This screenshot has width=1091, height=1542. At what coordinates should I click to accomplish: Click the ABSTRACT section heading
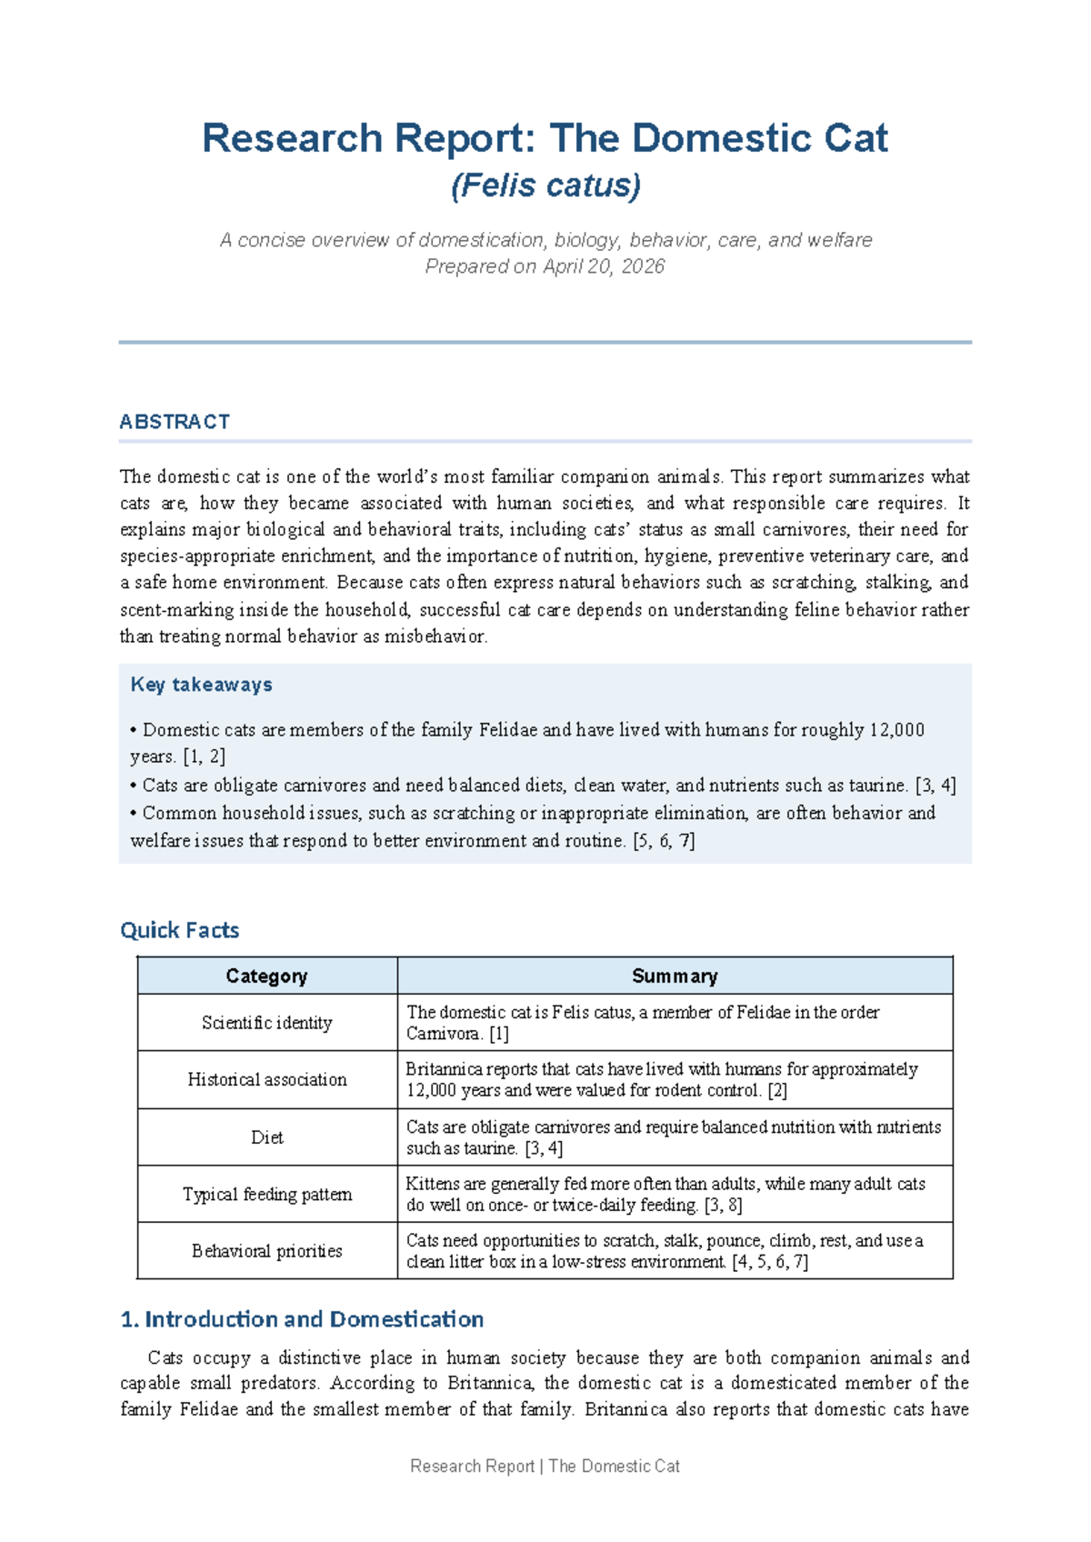[175, 422]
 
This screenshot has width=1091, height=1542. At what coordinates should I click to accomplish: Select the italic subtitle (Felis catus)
[545, 185]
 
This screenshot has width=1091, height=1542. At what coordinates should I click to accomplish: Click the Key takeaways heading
[201, 685]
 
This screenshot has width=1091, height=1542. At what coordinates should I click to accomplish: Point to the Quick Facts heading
[179, 930]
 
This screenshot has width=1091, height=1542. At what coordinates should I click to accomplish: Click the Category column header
[266, 976]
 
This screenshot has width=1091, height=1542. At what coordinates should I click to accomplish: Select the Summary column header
[675, 976]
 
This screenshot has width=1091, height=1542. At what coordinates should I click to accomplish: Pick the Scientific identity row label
[266, 1023]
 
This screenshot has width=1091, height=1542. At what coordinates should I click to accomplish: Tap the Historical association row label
[266, 1080]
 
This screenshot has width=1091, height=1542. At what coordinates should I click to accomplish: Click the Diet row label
[266, 1137]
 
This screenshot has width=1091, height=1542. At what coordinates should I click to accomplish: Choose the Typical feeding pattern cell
[266, 1195]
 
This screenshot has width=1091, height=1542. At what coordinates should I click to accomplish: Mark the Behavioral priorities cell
[266, 1251]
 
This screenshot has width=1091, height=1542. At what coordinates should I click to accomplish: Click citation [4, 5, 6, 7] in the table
[769, 1262]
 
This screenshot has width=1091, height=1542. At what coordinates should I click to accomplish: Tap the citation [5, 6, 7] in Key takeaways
[664, 841]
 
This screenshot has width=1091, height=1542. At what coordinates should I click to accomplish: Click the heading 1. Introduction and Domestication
[302, 1319]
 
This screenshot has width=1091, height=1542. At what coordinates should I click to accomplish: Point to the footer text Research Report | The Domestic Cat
[545, 1466]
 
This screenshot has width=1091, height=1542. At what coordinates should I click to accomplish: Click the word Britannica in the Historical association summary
[442, 1069]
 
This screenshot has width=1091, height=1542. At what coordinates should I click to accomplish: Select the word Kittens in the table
[433, 1184]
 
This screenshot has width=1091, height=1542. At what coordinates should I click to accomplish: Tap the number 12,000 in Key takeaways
[896, 730]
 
